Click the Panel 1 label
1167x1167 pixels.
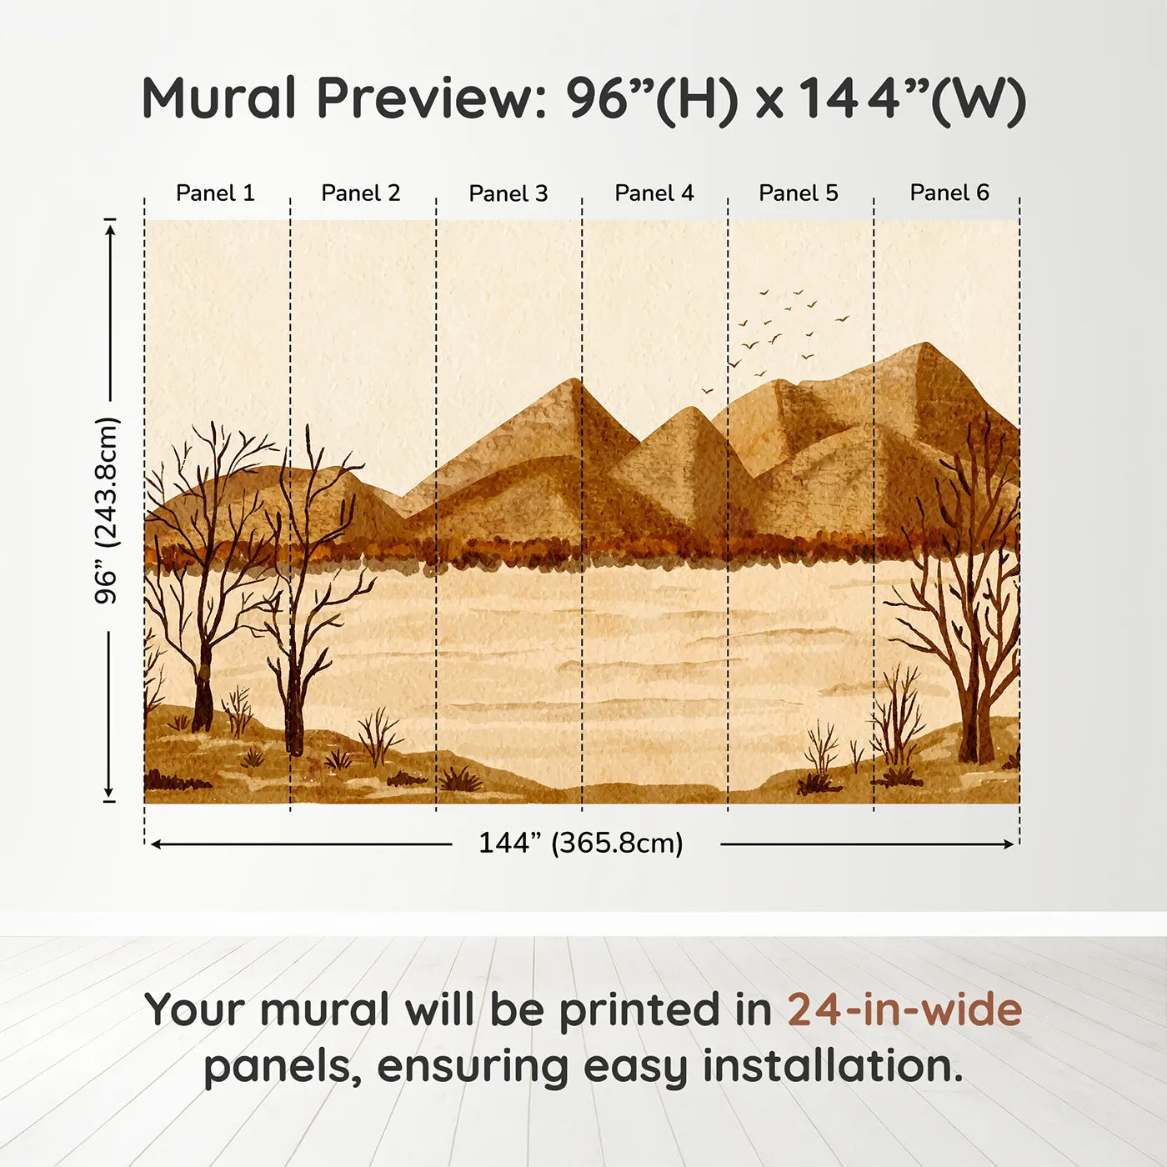tap(215, 193)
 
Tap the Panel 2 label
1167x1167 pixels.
tap(360, 193)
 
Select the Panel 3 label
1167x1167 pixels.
tap(508, 193)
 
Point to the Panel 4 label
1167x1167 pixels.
tap(654, 193)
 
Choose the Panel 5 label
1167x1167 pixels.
tap(799, 193)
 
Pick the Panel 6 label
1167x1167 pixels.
tap(949, 193)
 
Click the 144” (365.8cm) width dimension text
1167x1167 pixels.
tap(581, 843)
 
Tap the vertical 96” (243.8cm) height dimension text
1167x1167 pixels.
tap(106, 510)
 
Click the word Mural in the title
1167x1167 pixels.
tap(218, 98)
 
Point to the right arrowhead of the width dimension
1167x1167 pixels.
tap(1009, 844)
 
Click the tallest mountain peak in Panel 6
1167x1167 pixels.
tap(924, 343)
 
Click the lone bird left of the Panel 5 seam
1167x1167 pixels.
tap(707, 391)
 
